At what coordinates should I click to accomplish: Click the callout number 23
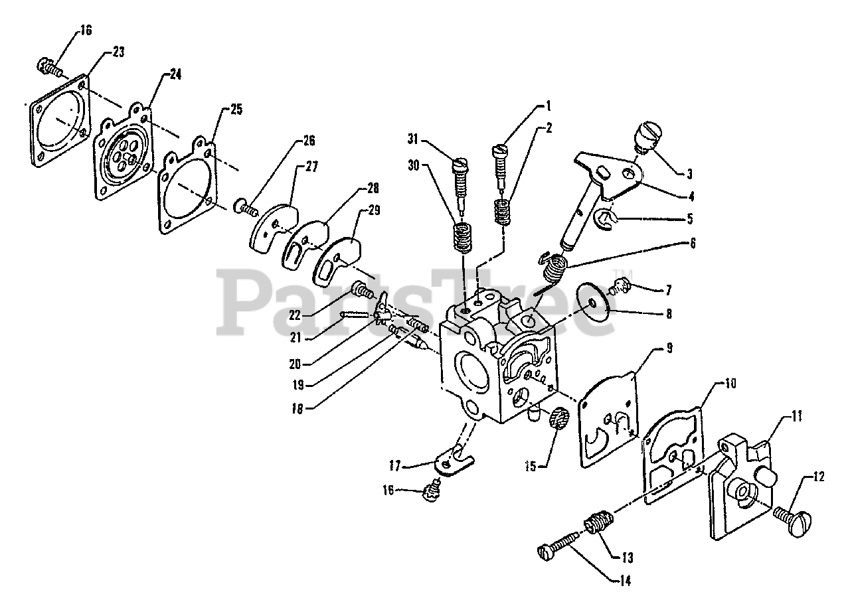click(x=119, y=52)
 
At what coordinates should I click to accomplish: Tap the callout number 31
click(x=413, y=139)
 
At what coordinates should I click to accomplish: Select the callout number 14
click(x=625, y=581)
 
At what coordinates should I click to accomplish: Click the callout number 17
click(x=395, y=466)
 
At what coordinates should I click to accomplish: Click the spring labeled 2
click(x=501, y=212)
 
